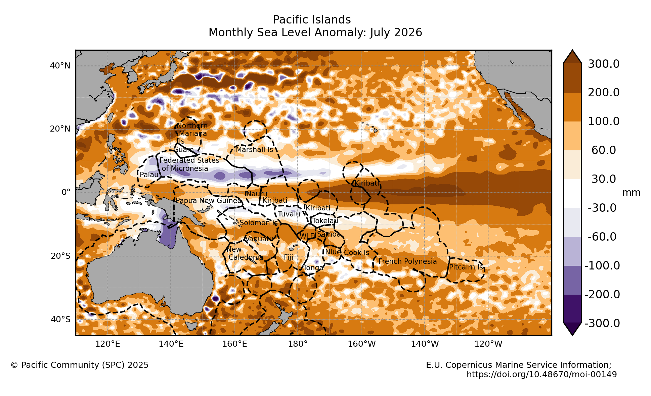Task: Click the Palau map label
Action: pyautogui.click(x=149, y=175)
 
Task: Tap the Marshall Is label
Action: pyautogui.click(x=254, y=150)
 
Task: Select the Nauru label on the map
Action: pyautogui.click(x=257, y=194)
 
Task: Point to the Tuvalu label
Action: pyautogui.click(x=289, y=214)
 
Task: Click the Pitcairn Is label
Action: pyautogui.click(x=466, y=267)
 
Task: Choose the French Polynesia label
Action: pyautogui.click(x=407, y=261)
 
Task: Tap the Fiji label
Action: pyautogui.click(x=289, y=257)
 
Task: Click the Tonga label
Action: pyautogui.click(x=313, y=268)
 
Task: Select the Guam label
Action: pyautogui.click(x=184, y=150)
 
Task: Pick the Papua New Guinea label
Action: pyautogui.click(x=209, y=201)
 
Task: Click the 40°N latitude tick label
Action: pyautogui.click(x=60, y=66)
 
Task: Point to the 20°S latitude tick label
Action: pyautogui.click(x=61, y=256)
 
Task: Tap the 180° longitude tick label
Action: pyautogui.click(x=298, y=344)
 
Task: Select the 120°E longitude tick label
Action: pyautogui.click(x=107, y=344)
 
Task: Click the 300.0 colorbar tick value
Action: pyautogui.click(x=604, y=64)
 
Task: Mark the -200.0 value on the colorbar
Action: pyautogui.click(x=602, y=294)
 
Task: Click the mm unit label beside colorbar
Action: pyautogui.click(x=631, y=193)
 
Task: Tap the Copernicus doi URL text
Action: pyautogui.click(x=541, y=375)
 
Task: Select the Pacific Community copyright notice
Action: pyautogui.click(x=80, y=365)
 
